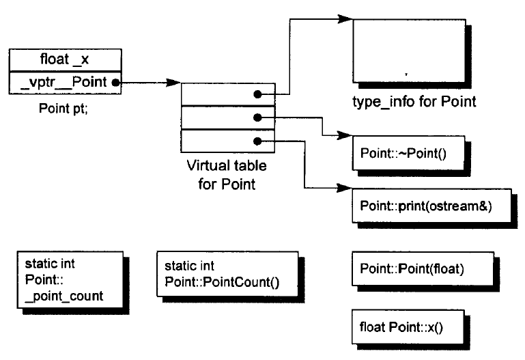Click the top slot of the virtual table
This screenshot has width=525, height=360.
[228, 94]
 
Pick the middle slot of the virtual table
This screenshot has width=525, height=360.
[228, 117]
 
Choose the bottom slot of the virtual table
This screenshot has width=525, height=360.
[228, 141]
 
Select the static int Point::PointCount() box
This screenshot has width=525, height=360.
[227, 274]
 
